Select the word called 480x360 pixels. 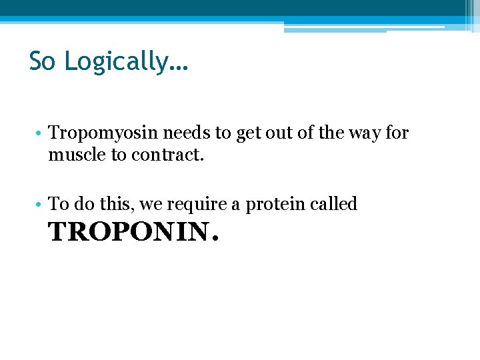coord(335,204)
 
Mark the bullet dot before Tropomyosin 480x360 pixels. coord(41,134)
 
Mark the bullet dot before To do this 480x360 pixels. coord(41,205)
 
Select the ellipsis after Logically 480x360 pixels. coord(179,68)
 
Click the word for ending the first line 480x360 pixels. coord(397,133)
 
